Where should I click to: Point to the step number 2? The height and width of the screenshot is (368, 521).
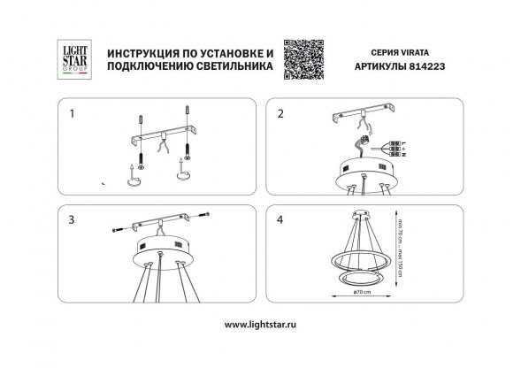point(281,114)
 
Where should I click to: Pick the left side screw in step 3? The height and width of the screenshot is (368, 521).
point(121,230)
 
